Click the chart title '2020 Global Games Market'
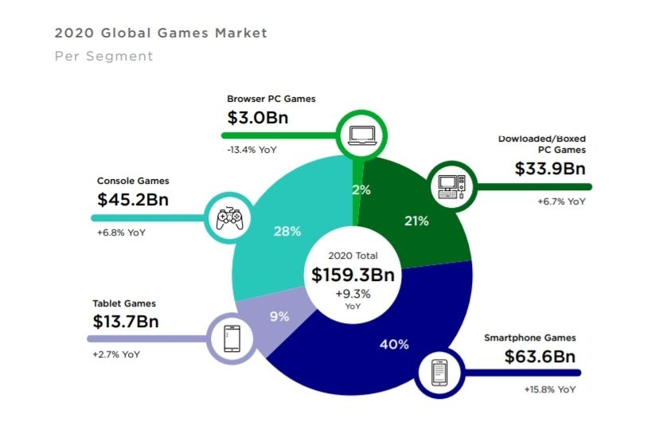pos(160,33)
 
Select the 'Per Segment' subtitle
pos(103,57)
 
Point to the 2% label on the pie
pos(361,189)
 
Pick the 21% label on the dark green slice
pos(416,221)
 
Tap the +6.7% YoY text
pos(560,201)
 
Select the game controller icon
pos(229,217)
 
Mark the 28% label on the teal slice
pos(287,232)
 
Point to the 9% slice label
pos(279,316)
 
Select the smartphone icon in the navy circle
pos(440,373)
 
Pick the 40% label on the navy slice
pos(394,344)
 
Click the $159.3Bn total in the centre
pos(353,275)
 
